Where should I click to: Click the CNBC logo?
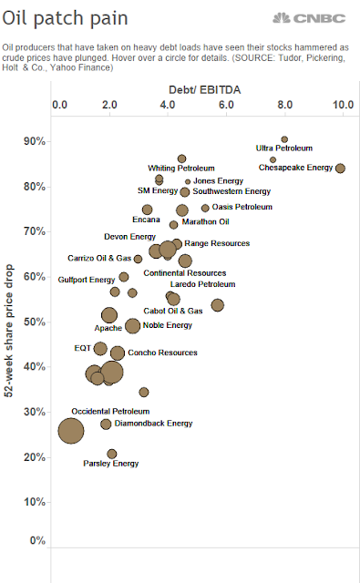pyautogui.click(x=309, y=18)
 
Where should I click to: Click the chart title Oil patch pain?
pyautogui.click(x=65, y=18)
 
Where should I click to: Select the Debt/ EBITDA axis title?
pyautogui.click(x=204, y=90)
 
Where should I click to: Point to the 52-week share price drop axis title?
pyautogui.click(x=8, y=331)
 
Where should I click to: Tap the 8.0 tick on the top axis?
pyautogui.click(x=285, y=105)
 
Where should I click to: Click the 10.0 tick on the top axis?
pyautogui.click(x=343, y=105)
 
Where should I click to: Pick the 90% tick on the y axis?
pyautogui.click(x=35, y=141)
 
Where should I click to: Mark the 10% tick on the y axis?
pyautogui.click(x=35, y=502)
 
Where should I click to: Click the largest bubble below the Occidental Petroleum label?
pyautogui.click(x=71, y=431)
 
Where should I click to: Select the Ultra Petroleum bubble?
pyautogui.click(x=284, y=139)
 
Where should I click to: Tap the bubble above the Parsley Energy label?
pyautogui.click(x=112, y=454)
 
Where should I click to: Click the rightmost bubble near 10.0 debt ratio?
pyautogui.click(x=340, y=168)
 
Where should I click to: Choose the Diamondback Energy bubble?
pyautogui.click(x=106, y=424)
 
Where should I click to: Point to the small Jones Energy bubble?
pyautogui.click(x=188, y=182)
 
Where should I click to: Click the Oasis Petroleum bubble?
pyautogui.click(x=205, y=208)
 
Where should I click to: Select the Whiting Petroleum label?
pyautogui.click(x=181, y=169)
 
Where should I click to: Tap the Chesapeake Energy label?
pyautogui.click(x=295, y=168)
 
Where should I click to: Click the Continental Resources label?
pyautogui.click(x=185, y=273)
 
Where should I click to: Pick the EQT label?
pyautogui.click(x=83, y=348)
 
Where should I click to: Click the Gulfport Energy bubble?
pyautogui.click(x=124, y=277)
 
